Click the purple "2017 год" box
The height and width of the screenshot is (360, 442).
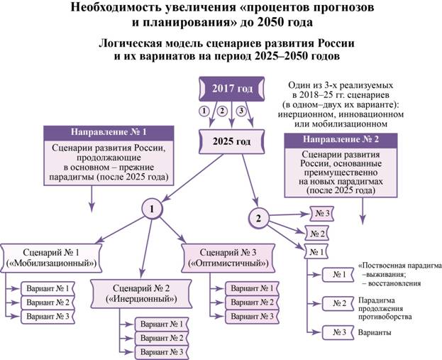click(x=231, y=89)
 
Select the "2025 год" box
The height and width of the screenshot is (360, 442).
click(x=231, y=141)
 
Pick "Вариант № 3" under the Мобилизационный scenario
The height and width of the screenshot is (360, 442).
click(x=47, y=315)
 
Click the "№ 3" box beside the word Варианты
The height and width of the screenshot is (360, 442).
click(x=339, y=332)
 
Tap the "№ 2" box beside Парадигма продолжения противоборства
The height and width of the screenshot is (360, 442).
click(x=339, y=303)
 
